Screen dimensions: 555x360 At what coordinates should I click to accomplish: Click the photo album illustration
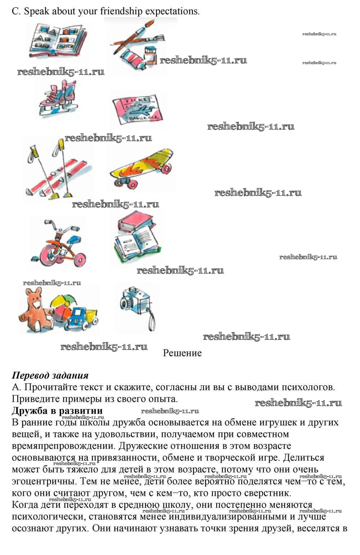point(58,40)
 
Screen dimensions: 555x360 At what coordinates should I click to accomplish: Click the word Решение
point(182,353)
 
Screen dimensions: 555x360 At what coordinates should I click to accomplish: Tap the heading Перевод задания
point(50,375)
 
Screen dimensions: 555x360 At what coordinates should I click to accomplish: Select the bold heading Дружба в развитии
point(57,411)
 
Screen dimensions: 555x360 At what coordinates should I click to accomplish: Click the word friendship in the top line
point(121,11)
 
